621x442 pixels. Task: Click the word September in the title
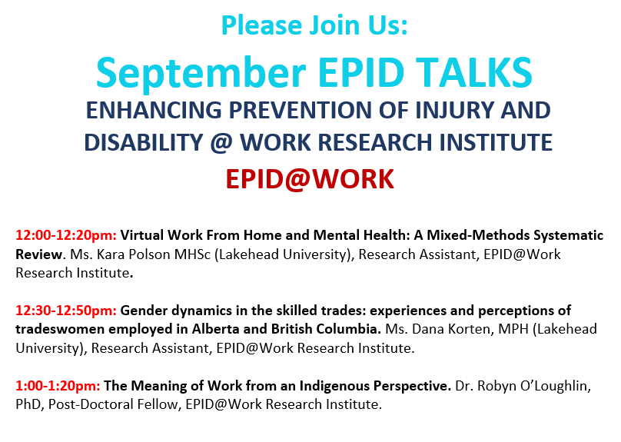click(x=201, y=74)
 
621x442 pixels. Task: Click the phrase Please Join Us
click(x=314, y=25)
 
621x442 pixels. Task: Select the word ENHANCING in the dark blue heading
click(x=154, y=110)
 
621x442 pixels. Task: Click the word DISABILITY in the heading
click(x=144, y=142)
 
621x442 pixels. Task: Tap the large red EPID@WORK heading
click(x=310, y=179)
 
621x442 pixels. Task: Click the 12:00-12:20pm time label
click(x=66, y=235)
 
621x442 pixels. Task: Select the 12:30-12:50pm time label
click(x=66, y=311)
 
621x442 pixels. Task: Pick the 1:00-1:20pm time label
click(x=58, y=386)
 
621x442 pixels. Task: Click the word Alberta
click(x=215, y=329)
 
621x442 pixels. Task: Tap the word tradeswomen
click(x=60, y=329)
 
